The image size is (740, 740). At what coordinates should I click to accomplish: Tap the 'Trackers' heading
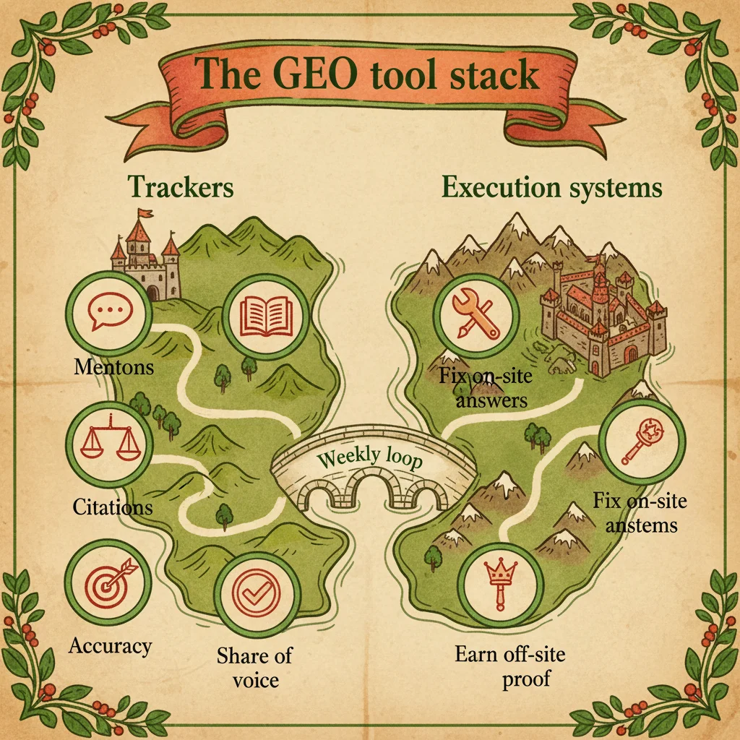pos(181,187)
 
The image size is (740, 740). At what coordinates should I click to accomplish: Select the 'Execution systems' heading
pos(551,187)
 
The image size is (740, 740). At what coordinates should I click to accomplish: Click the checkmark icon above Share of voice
pos(257,597)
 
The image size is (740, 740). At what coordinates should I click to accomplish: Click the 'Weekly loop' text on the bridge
pos(369,459)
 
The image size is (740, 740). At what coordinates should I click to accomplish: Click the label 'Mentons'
pos(114,366)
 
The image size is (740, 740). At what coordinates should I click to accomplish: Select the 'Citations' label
pos(113,507)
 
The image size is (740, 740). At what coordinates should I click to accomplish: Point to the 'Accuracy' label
pos(111,645)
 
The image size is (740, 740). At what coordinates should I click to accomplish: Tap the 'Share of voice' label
pos(254,667)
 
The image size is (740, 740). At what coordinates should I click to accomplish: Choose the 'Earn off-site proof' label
pos(509,666)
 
